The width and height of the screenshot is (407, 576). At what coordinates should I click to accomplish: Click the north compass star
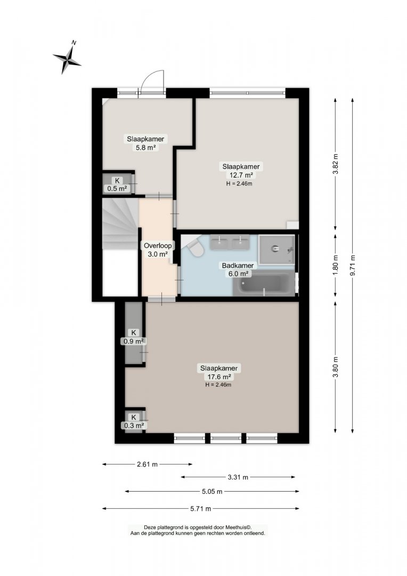point(67,59)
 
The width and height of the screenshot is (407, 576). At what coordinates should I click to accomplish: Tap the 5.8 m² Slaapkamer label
point(145,143)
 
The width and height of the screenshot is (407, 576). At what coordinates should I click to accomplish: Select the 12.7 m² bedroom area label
point(241,171)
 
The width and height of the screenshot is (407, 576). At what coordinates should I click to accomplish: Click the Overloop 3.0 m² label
point(158,250)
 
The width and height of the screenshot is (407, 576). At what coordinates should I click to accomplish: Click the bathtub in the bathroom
point(264,284)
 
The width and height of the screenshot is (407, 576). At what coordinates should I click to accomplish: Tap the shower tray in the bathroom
point(276,250)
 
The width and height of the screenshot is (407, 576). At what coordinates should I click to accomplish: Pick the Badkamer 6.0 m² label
point(238,270)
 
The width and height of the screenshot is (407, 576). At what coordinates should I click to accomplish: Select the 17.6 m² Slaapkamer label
point(219,372)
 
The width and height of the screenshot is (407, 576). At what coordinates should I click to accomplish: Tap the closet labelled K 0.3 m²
point(134,421)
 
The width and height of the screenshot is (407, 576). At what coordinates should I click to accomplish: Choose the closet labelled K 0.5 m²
point(117,184)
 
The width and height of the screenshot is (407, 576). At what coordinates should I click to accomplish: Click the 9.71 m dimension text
point(353,265)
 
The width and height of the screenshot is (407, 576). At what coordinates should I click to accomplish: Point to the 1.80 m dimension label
point(335,266)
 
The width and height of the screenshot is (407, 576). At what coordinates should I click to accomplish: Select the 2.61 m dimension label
point(147,465)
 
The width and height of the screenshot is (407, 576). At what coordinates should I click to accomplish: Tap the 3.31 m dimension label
point(238,477)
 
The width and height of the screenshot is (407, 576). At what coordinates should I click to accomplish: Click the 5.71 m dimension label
point(200,509)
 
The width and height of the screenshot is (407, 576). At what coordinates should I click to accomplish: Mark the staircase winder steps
point(120,223)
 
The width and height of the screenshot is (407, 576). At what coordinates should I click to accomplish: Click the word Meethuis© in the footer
point(239,527)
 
